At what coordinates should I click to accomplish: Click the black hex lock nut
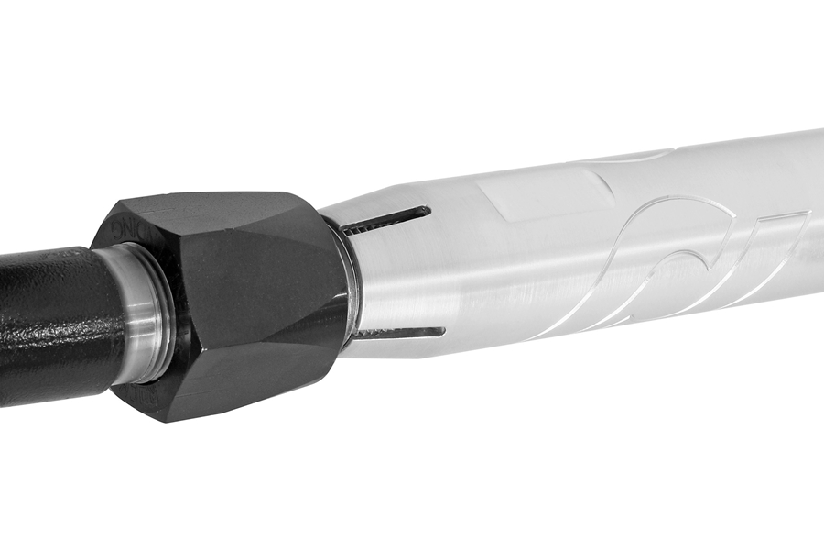point(229,302)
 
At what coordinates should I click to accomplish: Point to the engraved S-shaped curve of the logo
point(659,247)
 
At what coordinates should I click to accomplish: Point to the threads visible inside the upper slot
point(366,225)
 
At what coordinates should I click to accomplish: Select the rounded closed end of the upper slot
point(426,212)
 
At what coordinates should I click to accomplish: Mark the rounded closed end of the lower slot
point(440,331)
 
